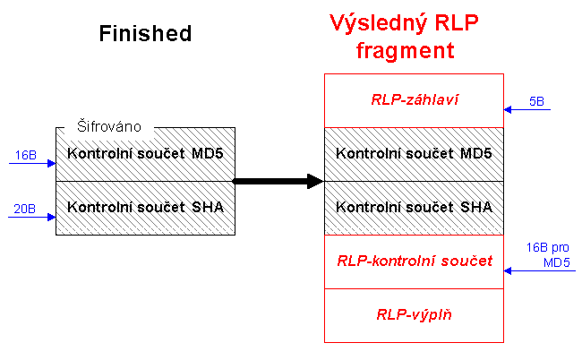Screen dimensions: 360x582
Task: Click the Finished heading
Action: tap(145, 34)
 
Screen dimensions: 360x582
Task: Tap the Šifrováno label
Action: tap(108, 127)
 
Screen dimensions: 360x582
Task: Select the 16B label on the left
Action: tap(25, 155)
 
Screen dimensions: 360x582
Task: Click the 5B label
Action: tap(536, 101)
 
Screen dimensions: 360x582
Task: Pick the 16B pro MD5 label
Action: tap(546, 253)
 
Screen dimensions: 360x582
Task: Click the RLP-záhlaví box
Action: tap(414, 100)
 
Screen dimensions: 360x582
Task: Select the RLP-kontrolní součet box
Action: tap(414, 261)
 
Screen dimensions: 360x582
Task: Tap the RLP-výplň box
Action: tap(414, 315)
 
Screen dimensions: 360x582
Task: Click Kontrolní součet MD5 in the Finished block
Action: tap(145, 154)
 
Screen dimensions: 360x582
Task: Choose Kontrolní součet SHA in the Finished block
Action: tap(145, 208)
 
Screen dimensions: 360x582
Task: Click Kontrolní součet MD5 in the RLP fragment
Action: tap(414, 154)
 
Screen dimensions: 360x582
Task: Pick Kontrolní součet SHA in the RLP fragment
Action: tap(414, 208)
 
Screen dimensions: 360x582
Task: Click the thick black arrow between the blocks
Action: tap(278, 182)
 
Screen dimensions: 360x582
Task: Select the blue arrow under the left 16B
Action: tap(32, 164)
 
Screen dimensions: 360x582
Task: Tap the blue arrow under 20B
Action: tap(32, 218)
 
